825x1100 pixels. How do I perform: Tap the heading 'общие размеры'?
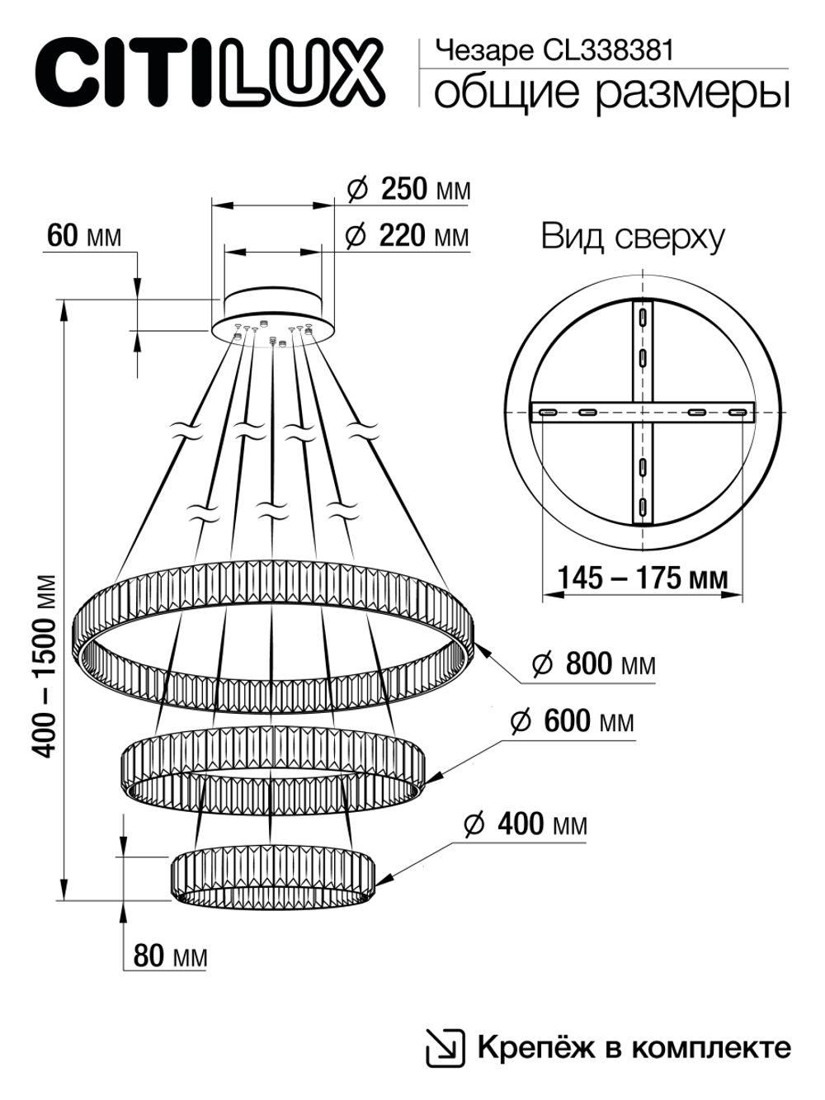click(611, 92)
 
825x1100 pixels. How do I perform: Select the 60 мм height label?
click(83, 236)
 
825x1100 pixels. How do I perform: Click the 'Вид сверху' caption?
click(633, 238)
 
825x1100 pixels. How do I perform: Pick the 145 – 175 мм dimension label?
click(643, 578)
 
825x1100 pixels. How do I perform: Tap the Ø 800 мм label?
click(593, 663)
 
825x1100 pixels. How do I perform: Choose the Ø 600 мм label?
click(573, 721)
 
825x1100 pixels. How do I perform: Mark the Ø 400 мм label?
click(526, 824)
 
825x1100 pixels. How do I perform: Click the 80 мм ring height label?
click(169, 956)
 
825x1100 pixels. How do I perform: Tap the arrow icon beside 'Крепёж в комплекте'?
click(444, 1048)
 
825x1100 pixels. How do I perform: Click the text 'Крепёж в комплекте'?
click(633, 1048)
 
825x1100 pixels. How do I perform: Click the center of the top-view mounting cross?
click(642, 412)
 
